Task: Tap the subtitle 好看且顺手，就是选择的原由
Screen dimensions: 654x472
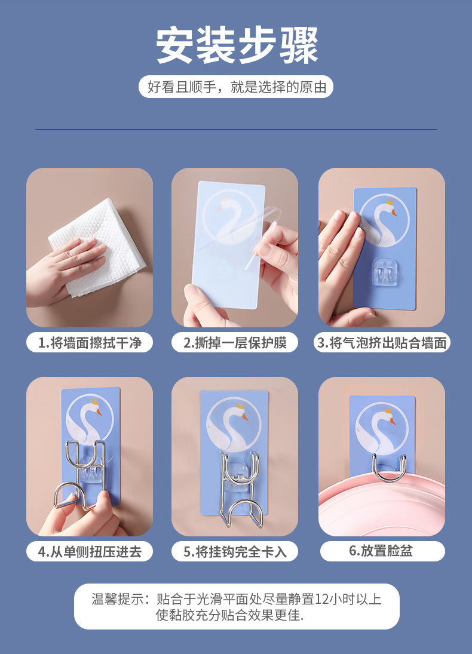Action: click(236, 87)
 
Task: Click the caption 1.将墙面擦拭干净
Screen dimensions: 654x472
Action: click(90, 343)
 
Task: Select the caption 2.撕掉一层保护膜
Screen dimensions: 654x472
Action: click(235, 343)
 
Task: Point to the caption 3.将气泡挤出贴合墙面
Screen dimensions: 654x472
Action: click(382, 343)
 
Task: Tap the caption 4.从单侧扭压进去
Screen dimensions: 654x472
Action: click(90, 551)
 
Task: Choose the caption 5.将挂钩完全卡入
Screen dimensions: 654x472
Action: click(235, 551)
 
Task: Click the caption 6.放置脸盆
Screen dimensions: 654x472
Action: click(382, 551)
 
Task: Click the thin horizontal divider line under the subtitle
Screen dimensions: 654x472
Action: click(236, 129)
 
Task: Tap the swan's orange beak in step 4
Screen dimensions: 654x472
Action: click(99, 412)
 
